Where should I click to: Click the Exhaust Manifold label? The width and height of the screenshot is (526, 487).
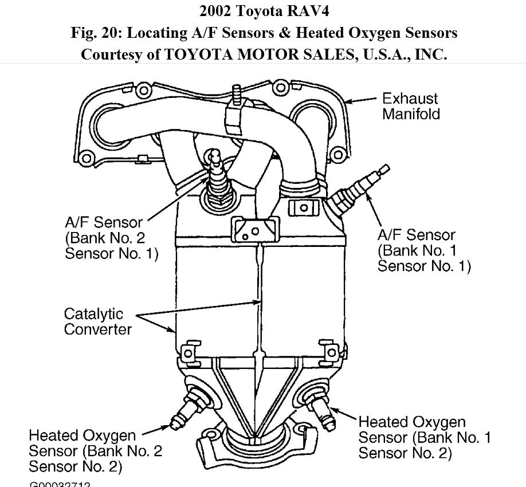pos(411,106)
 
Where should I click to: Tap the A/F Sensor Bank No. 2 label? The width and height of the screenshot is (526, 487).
pos(111,237)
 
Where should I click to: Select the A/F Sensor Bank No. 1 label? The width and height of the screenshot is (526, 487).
pos(424,250)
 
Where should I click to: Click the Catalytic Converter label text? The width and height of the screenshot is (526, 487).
pos(97,321)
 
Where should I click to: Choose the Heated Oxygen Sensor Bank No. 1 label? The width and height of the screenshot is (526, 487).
pos(425,438)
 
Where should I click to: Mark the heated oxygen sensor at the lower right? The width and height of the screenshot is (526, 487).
pos(322,407)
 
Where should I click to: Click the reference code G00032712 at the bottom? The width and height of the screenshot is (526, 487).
pos(60,484)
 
